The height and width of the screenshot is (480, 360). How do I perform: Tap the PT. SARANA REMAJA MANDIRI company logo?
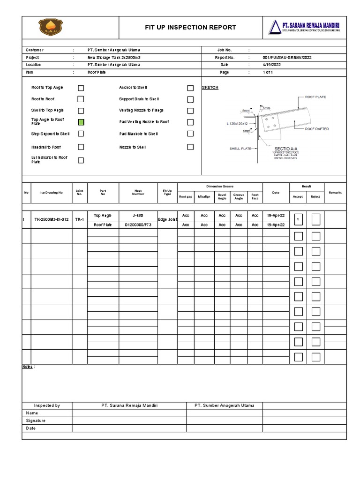point(304,27)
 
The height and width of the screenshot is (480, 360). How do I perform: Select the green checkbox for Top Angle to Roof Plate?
point(81,122)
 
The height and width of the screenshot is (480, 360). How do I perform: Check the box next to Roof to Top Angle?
point(81,88)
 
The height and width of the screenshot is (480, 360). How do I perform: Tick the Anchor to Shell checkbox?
point(190,88)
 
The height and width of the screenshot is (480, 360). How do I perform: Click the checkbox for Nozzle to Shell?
point(190,147)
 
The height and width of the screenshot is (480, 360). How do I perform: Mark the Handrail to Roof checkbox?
point(81,147)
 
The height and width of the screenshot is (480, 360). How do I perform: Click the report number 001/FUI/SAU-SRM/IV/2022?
point(287,58)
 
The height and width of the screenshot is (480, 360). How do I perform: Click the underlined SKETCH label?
point(210,88)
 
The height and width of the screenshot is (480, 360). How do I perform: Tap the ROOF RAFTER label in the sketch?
point(317,128)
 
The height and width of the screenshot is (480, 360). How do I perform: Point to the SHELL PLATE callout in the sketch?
point(240,149)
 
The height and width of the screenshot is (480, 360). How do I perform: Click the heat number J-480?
point(138,216)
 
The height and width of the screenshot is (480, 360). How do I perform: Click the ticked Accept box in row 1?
point(298,219)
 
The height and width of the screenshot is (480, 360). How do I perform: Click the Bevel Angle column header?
point(222,196)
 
